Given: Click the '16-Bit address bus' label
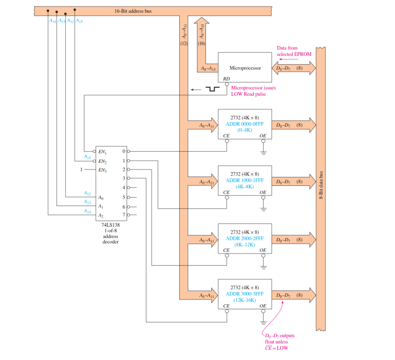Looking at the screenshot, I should point(133,10).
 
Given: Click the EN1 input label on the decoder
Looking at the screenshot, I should point(102,152).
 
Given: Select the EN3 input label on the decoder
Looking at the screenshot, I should point(102,169).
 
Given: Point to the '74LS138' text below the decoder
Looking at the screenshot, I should point(110,225).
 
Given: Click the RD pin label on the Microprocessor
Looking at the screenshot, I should point(226,79).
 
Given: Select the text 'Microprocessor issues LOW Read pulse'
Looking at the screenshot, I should point(254,91).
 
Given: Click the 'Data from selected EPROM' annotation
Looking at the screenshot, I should point(294,51).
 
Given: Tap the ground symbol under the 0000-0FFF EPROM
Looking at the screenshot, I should point(263,152).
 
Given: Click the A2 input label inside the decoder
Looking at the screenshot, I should point(100,215).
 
